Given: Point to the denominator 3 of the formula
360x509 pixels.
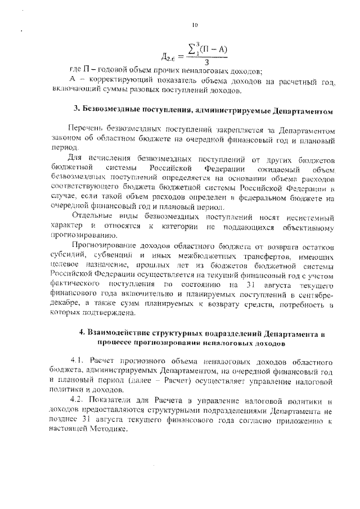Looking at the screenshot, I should click(x=208, y=61).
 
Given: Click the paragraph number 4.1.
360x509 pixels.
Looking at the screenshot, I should click(x=78, y=359).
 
